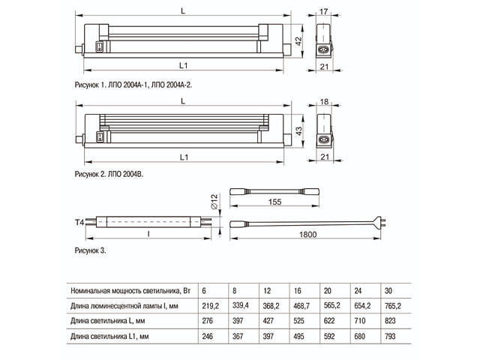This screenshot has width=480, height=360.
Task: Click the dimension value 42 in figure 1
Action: [298, 40]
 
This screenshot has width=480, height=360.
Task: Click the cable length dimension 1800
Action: [309, 235]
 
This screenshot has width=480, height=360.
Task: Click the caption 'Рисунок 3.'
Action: [90, 248]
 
